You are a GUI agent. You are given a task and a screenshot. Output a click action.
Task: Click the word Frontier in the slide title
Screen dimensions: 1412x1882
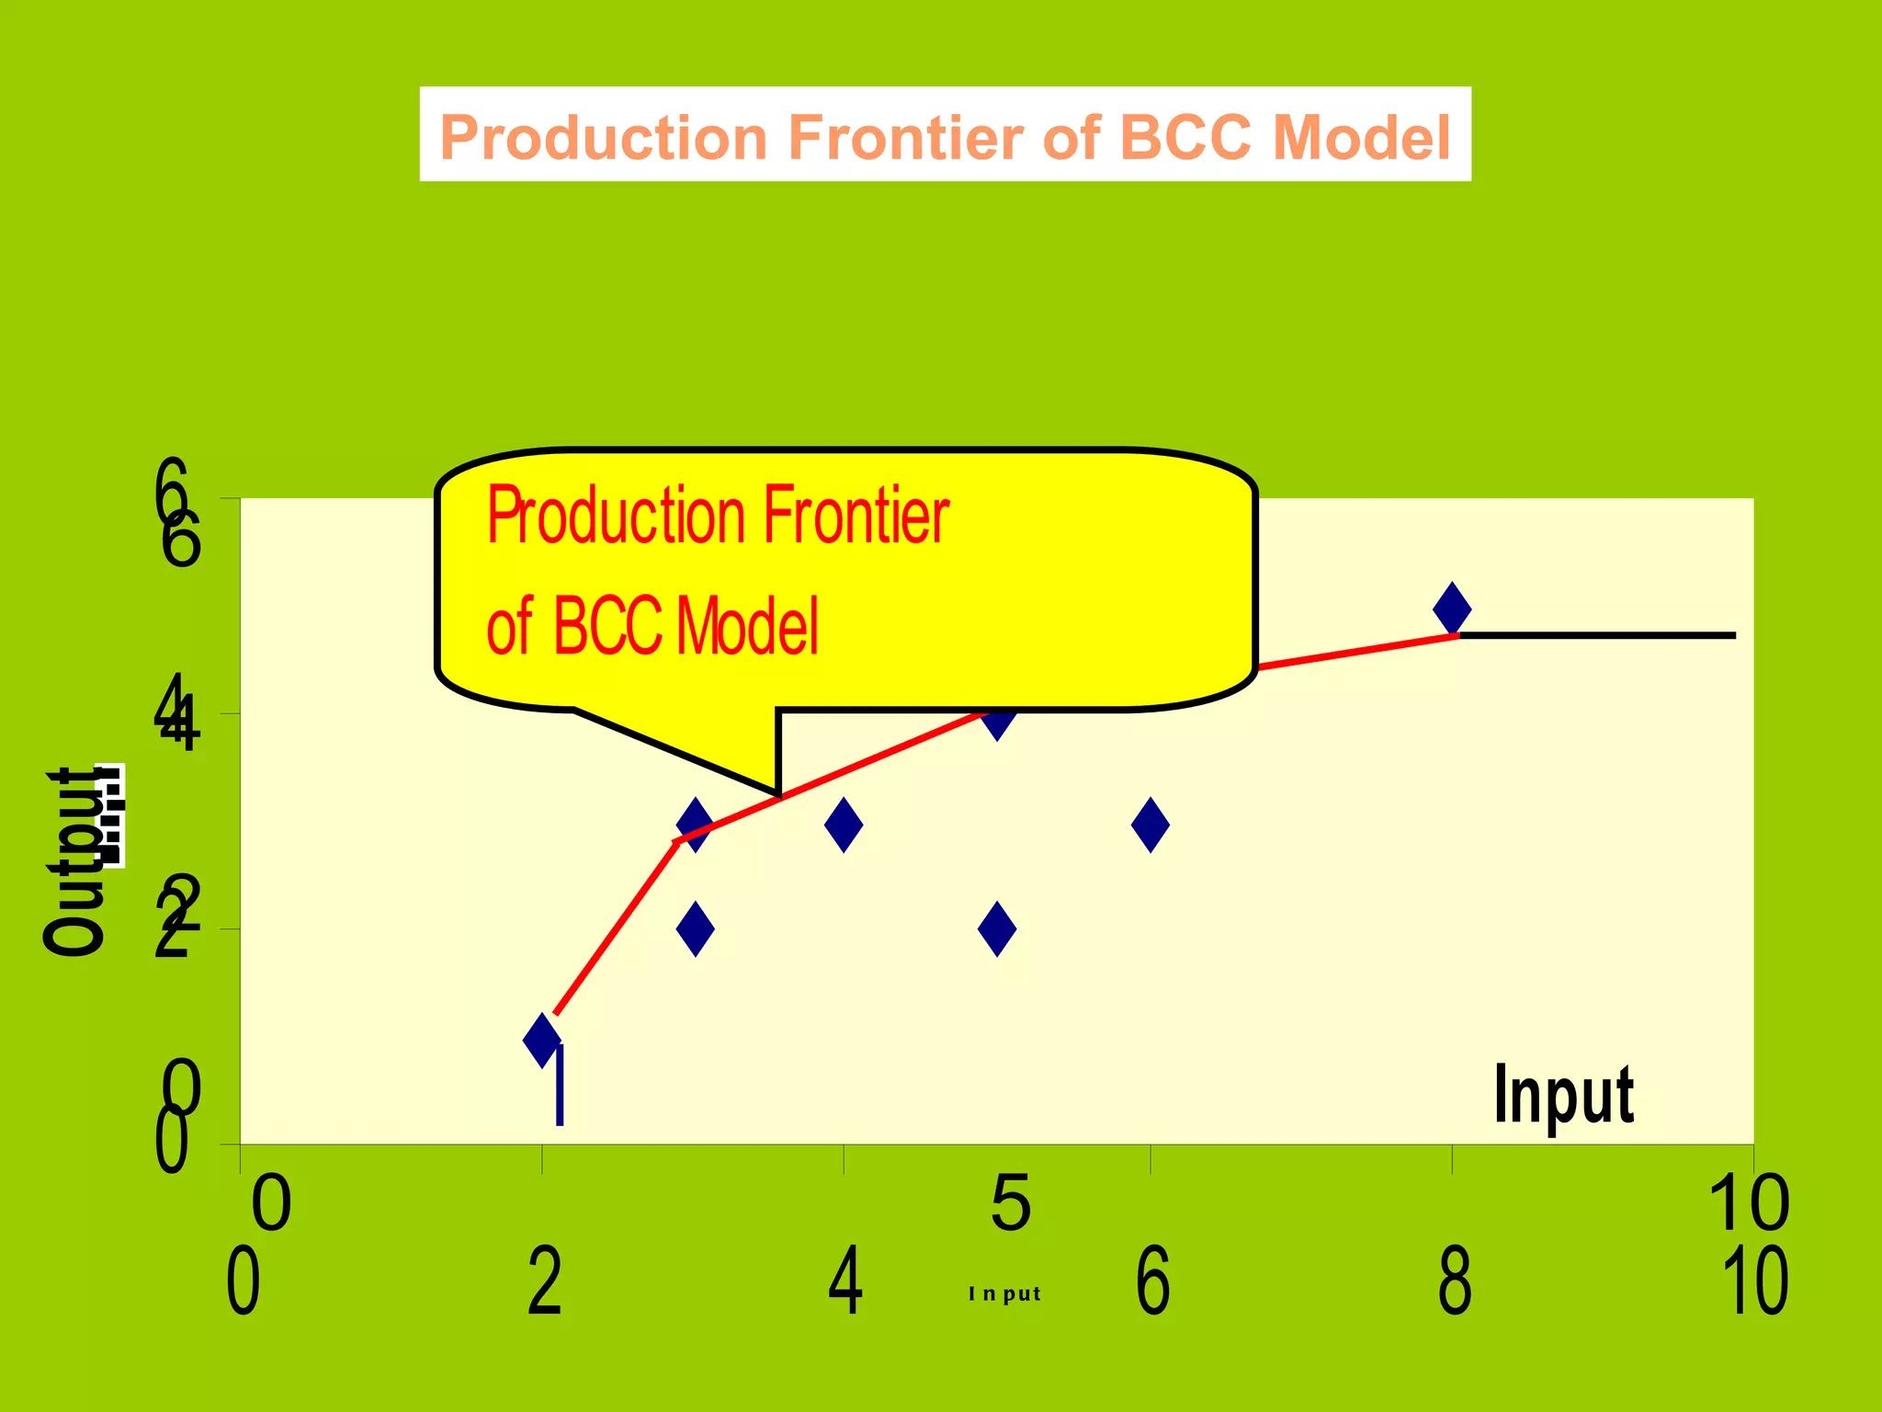(906, 138)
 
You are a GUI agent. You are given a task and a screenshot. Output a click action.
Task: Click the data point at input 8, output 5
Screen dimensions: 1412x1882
(1452, 609)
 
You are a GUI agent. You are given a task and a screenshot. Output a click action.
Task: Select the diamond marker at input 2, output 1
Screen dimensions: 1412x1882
(542, 1040)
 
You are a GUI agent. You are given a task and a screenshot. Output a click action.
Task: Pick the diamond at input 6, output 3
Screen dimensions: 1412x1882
(1151, 825)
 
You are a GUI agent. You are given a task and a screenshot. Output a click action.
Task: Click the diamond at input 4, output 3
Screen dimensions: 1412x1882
(844, 825)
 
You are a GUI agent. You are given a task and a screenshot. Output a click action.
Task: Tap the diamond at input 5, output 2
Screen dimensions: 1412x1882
(997, 928)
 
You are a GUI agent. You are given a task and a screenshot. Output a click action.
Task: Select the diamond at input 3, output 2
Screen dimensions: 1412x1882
(696, 928)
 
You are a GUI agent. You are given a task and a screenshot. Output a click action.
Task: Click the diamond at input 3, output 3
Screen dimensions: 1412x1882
(695, 824)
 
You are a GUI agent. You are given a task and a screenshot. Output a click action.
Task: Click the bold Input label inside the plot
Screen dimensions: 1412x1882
(1563, 1094)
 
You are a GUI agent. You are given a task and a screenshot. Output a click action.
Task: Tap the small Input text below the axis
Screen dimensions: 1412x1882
(1004, 1293)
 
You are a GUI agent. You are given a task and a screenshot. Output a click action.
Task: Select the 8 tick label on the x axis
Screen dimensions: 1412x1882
(1455, 1281)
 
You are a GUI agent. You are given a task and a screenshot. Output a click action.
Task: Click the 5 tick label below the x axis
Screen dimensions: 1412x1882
(1011, 1203)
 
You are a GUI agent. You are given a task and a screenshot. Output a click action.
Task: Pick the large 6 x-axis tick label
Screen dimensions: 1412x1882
(1153, 1281)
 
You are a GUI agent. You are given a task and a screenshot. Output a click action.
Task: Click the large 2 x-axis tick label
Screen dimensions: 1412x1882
(544, 1281)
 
